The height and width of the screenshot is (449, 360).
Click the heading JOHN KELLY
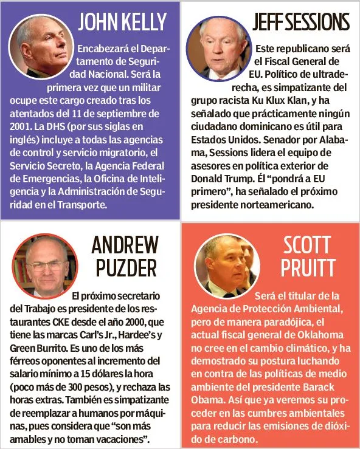(x=122, y=22)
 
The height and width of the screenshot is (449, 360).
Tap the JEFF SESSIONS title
(x=301, y=22)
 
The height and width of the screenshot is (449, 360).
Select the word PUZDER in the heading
(x=125, y=267)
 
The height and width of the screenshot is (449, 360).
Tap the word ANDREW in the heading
(x=125, y=245)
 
